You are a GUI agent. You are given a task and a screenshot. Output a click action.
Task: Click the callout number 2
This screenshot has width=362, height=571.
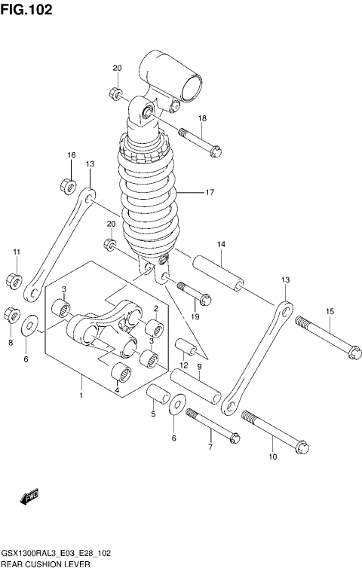(x=155, y=307)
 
